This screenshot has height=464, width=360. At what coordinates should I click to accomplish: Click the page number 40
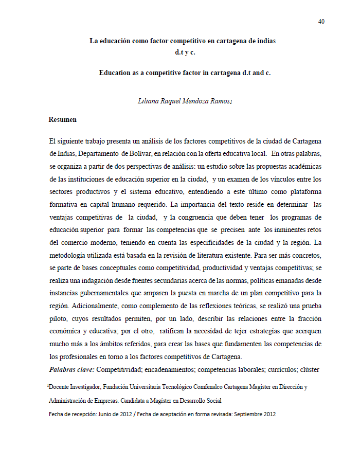pyautogui.click(x=321, y=21)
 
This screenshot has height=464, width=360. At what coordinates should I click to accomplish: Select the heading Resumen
pyautogui.click(x=63, y=119)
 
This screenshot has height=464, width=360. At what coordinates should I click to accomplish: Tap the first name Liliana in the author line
pyautogui.click(x=150, y=101)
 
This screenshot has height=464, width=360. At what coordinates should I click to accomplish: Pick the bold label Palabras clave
pyautogui.click(x=72, y=369)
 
